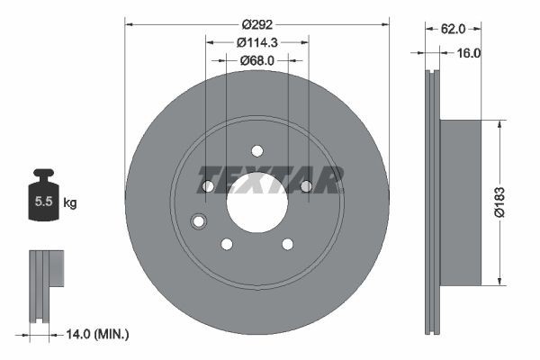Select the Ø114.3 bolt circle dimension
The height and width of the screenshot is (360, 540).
[257, 41]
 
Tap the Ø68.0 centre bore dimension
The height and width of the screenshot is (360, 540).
[257, 60]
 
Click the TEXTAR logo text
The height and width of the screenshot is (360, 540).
[270, 180]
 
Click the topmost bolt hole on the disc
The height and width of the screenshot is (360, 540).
[256, 151]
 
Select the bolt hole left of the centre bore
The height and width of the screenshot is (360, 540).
[208, 186]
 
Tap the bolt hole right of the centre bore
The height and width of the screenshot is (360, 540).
[306, 186]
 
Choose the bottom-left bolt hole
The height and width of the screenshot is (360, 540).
[227, 244]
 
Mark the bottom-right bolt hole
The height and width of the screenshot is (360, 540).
[287, 244]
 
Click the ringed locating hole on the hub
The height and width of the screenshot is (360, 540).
[199, 221]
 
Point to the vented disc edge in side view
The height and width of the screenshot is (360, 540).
[431, 202]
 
